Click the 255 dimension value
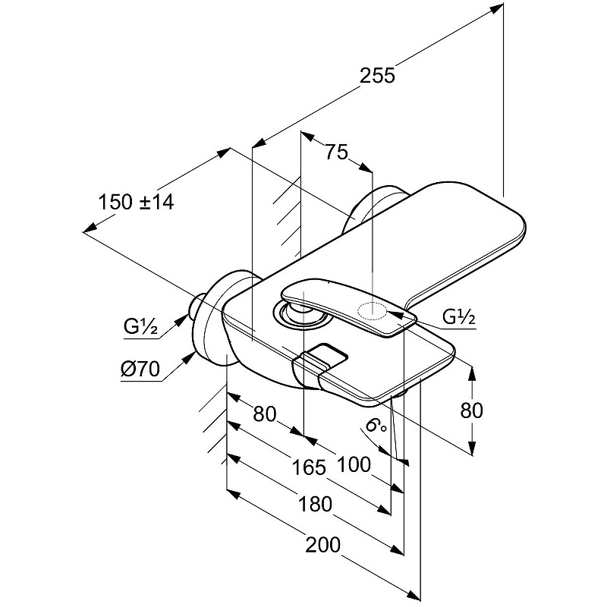378,75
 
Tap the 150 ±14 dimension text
136,203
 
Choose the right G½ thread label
458,318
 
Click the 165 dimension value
310,467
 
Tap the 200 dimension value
324,544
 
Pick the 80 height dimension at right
471,410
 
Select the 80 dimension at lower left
263,414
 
